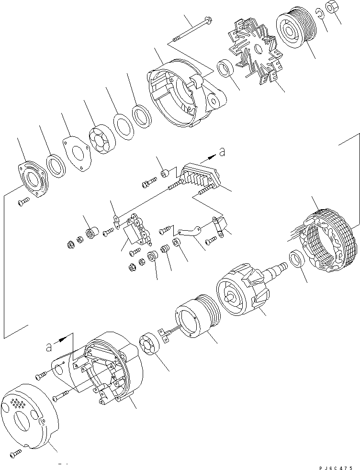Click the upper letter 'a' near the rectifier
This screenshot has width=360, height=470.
click(x=221, y=153)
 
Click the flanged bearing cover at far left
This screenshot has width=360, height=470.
click(x=33, y=180)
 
